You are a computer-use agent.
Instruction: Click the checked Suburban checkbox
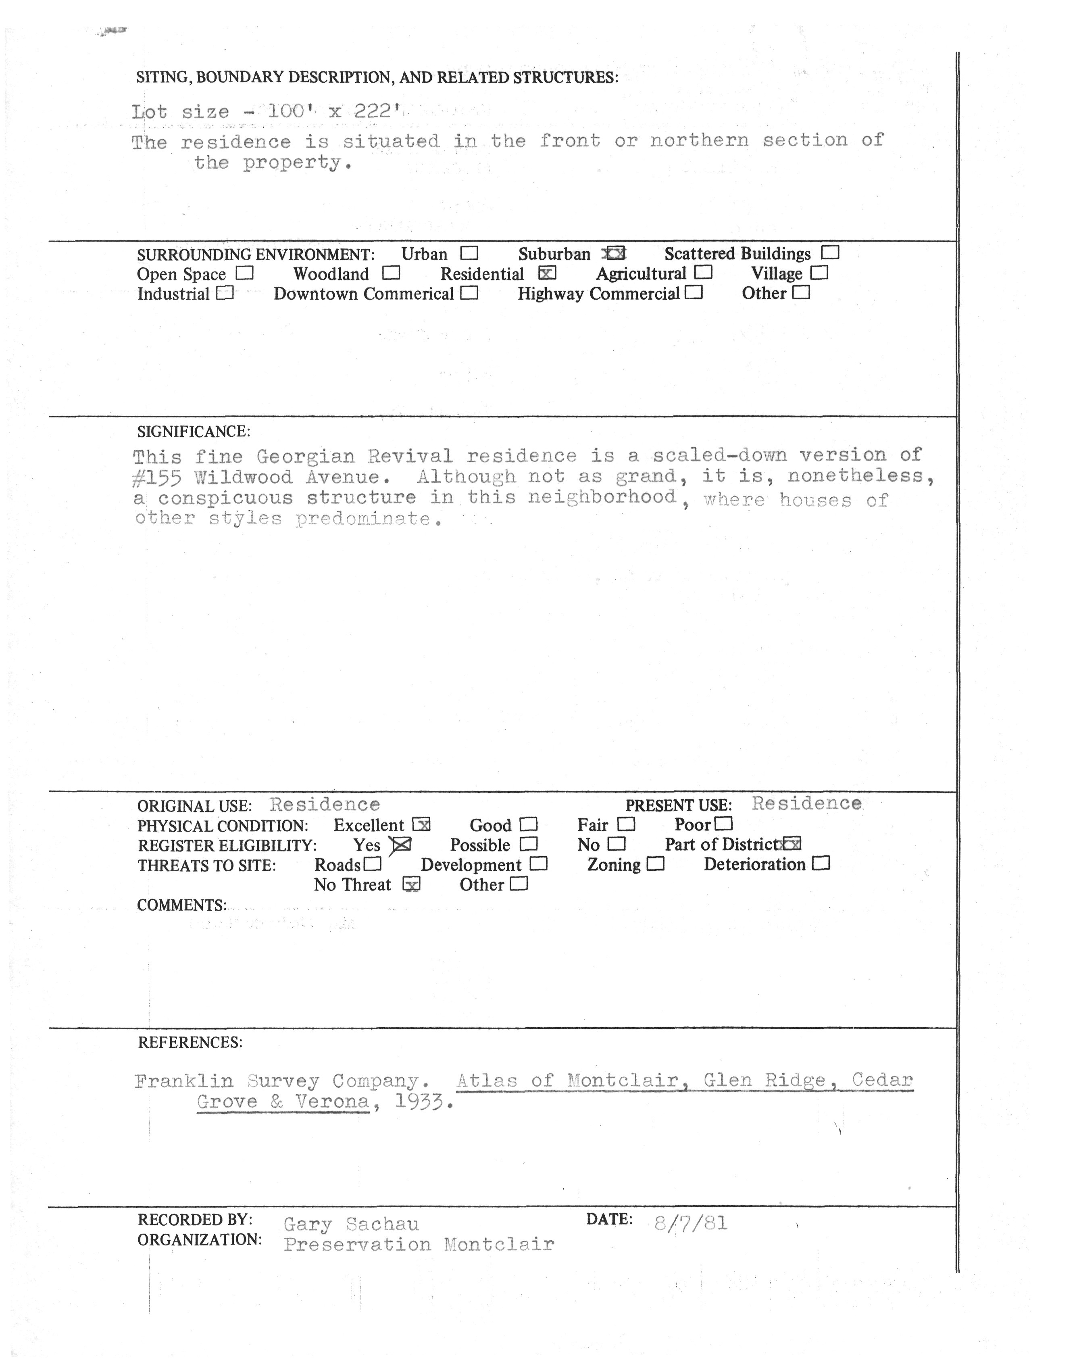(615, 254)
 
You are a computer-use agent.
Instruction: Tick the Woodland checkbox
(391, 274)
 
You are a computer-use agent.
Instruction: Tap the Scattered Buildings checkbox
(831, 253)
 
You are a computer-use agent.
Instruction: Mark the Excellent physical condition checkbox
(421, 825)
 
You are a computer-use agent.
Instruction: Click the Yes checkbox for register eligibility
(402, 845)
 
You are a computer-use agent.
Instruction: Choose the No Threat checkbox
(411, 885)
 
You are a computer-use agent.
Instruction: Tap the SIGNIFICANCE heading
(194, 432)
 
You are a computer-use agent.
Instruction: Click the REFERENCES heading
(190, 1043)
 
